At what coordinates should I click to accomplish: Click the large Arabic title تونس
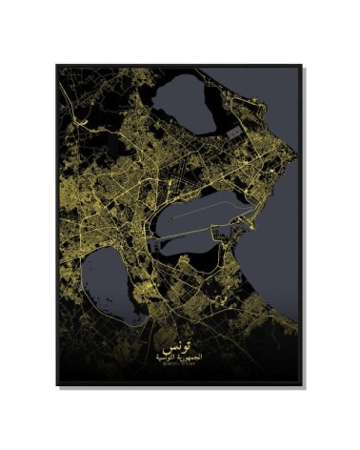(x=179, y=339)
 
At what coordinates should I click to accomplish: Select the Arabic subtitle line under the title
(x=179, y=355)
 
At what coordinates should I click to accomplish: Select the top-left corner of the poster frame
(x=56, y=65)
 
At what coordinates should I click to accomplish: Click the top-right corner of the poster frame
(x=303, y=65)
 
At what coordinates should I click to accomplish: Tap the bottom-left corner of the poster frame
(x=56, y=386)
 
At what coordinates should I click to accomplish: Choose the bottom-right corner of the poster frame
(x=303, y=386)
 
